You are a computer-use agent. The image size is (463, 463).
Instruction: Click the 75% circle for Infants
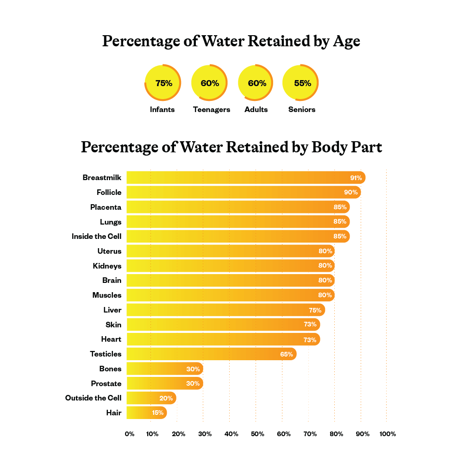point(163,83)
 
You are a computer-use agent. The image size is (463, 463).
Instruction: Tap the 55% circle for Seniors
point(301,83)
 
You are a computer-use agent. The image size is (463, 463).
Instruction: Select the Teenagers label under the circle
point(211,110)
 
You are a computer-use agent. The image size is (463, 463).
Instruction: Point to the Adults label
point(256,110)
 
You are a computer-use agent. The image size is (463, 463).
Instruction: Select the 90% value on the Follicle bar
point(350,192)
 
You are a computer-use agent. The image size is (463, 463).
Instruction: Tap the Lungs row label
point(110,222)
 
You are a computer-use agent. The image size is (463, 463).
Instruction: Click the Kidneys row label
point(107,266)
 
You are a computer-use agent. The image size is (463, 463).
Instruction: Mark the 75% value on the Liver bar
point(315,310)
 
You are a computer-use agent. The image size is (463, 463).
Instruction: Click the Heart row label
point(111,339)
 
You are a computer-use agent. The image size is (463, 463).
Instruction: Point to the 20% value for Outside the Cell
point(166,398)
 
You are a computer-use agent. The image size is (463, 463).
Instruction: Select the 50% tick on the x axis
point(257,434)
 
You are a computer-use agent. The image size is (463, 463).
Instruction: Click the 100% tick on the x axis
point(388,434)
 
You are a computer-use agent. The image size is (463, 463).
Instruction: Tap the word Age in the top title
point(346,42)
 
